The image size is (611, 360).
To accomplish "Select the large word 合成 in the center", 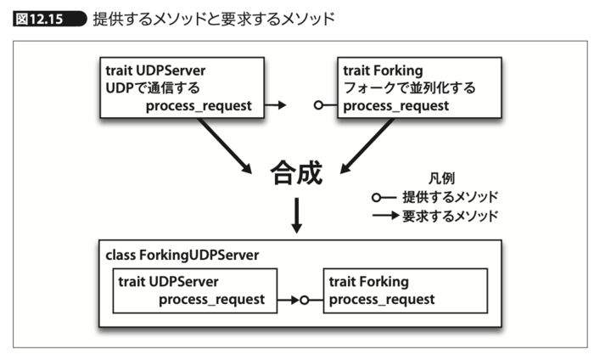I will click(296, 173).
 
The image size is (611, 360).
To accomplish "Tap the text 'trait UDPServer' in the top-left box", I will click(155, 70).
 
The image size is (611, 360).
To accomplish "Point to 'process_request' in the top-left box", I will click(198, 105).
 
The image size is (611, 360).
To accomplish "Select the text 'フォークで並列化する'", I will click(409, 87).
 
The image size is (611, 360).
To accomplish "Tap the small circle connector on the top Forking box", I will click(319, 105).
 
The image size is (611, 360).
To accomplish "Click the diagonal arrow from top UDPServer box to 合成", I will click(227, 144).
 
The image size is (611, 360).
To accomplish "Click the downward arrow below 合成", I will click(296, 215).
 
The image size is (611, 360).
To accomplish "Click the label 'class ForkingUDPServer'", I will click(182, 255).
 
